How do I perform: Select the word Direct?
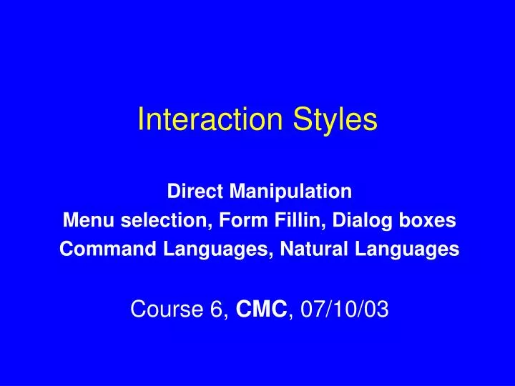coord(190,192)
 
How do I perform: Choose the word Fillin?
coord(298,220)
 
